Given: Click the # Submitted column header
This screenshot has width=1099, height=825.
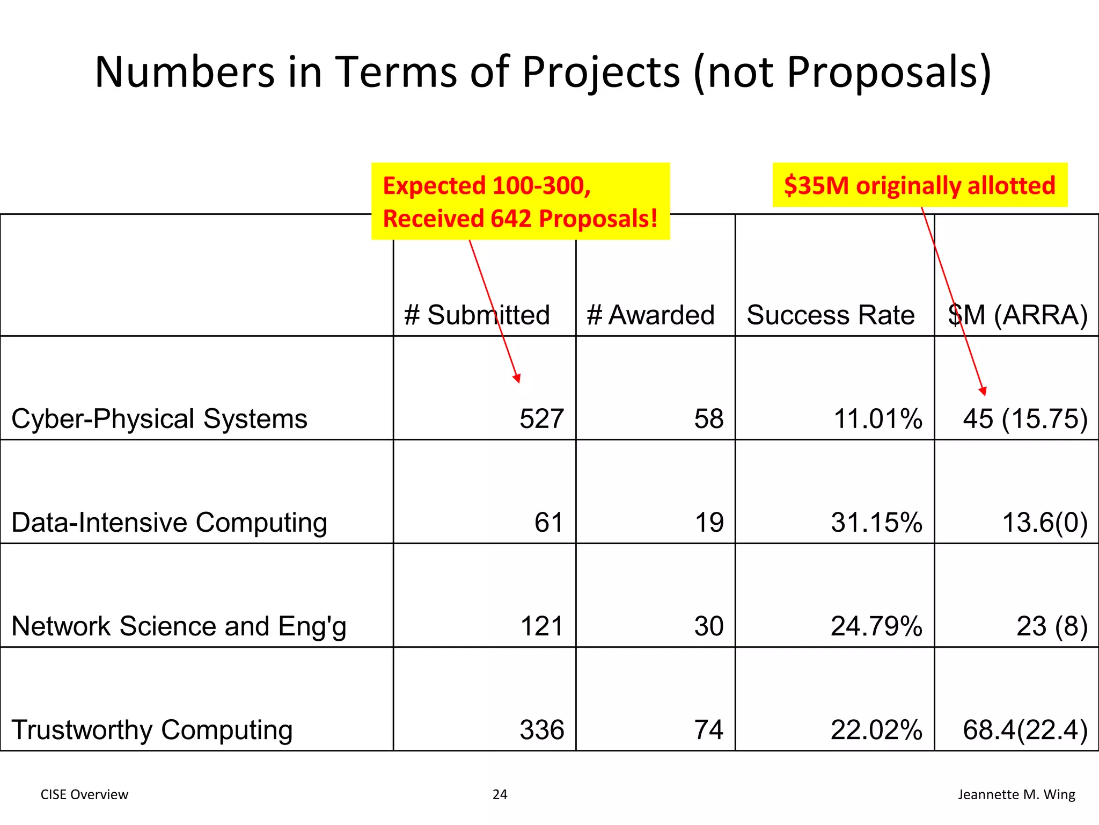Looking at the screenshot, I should point(477,315).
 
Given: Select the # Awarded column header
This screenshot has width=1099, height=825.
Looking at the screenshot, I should point(650,315).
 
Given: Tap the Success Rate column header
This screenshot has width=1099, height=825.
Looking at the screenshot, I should point(830,315).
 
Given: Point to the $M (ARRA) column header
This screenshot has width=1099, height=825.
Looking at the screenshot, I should point(1017,315).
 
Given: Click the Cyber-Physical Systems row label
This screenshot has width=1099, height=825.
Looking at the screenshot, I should point(159,419).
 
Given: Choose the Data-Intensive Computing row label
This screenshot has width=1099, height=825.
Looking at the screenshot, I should point(169,523).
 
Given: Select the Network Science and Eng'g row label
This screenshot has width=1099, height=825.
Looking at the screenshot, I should point(179,626).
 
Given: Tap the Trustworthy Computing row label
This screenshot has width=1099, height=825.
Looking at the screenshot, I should point(152,730).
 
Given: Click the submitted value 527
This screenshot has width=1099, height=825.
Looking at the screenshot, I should point(541,419).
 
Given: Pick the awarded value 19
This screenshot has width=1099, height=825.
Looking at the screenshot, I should point(709,523).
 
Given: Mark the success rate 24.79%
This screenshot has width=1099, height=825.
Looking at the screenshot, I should point(876,626).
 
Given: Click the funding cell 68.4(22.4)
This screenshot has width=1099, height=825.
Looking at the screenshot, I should point(1025,730).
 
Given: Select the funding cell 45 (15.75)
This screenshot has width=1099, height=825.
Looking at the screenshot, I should point(1025,419).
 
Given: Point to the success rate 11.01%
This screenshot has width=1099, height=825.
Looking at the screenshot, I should point(877,419).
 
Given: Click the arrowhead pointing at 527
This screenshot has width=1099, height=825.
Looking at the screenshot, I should point(517,378).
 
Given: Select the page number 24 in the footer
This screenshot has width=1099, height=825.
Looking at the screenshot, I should point(500,794).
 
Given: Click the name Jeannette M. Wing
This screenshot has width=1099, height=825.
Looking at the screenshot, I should point(1016,794).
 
